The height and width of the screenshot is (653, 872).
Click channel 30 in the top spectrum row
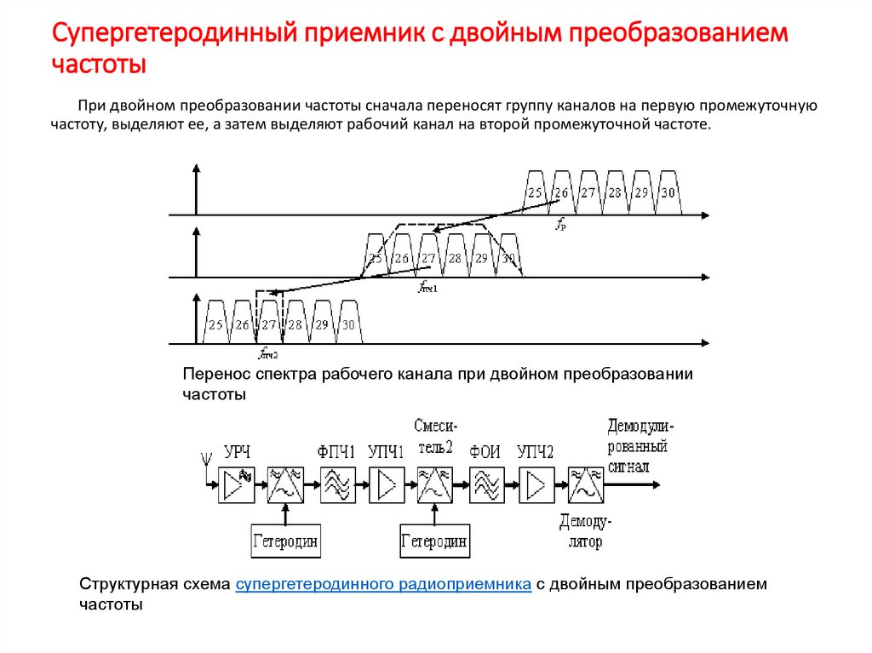click(x=668, y=193)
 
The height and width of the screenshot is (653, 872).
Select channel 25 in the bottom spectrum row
click(x=215, y=325)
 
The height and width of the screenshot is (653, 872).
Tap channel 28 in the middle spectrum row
click(x=455, y=259)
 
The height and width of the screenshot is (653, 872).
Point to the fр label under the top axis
click(x=561, y=225)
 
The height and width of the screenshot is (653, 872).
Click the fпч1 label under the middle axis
click(x=427, y=288)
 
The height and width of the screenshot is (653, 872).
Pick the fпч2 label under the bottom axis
click(x=269, y=353)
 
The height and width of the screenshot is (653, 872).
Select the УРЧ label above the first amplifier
click(x=238, y=452)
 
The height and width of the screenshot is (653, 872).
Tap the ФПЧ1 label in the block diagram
click(x=336, y=452)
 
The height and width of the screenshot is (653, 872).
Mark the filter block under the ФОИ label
click(x=485, y=485)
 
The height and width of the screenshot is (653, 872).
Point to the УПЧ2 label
click(x=536, y=452)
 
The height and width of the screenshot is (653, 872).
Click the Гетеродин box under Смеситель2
click(x=434, y=541)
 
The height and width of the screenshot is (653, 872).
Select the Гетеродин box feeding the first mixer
click(x=286, y=541)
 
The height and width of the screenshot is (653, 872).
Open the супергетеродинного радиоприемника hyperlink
click(x=383, y=585)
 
